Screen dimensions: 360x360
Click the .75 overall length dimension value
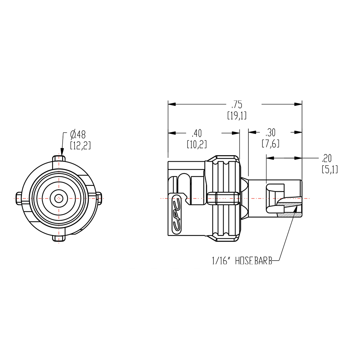tap(237, 105)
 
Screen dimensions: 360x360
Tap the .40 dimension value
tap(196, 134)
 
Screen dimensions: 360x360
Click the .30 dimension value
tap(271, 132)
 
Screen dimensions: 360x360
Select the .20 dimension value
tap(329, 158)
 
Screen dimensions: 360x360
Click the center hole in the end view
tap(58, 198)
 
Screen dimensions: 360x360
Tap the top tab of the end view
tap(58, 159)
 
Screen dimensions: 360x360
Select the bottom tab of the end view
tap(58, 238)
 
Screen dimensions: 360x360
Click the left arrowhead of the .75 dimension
tap(172, 105)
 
